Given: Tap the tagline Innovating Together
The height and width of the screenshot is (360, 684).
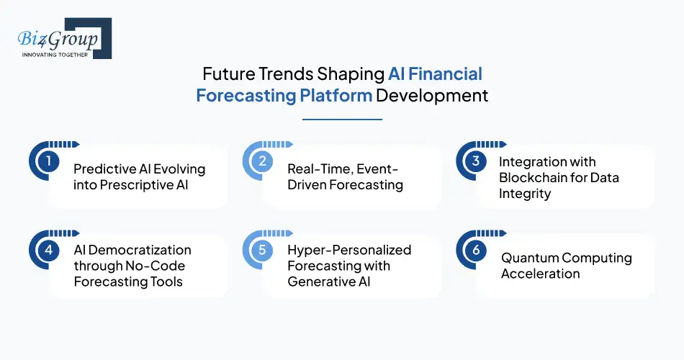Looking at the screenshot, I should (55, 55).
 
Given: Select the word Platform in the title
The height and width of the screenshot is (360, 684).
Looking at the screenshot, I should (331, 96).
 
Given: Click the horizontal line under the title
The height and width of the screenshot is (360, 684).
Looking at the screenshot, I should (342, 120).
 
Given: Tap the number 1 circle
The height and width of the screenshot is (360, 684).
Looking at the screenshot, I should (48, 161).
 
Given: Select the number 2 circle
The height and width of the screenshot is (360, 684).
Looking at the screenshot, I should (261, 161).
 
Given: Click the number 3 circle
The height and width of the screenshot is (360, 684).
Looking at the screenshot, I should (475, 161).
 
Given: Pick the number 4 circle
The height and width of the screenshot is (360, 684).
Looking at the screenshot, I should (48, 249).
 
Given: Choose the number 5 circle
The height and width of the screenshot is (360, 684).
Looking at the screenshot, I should (261, 249).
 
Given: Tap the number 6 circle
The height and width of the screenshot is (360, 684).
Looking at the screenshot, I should (475, 249).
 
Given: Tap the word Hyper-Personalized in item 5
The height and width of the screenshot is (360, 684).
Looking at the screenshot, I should (349, 250).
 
